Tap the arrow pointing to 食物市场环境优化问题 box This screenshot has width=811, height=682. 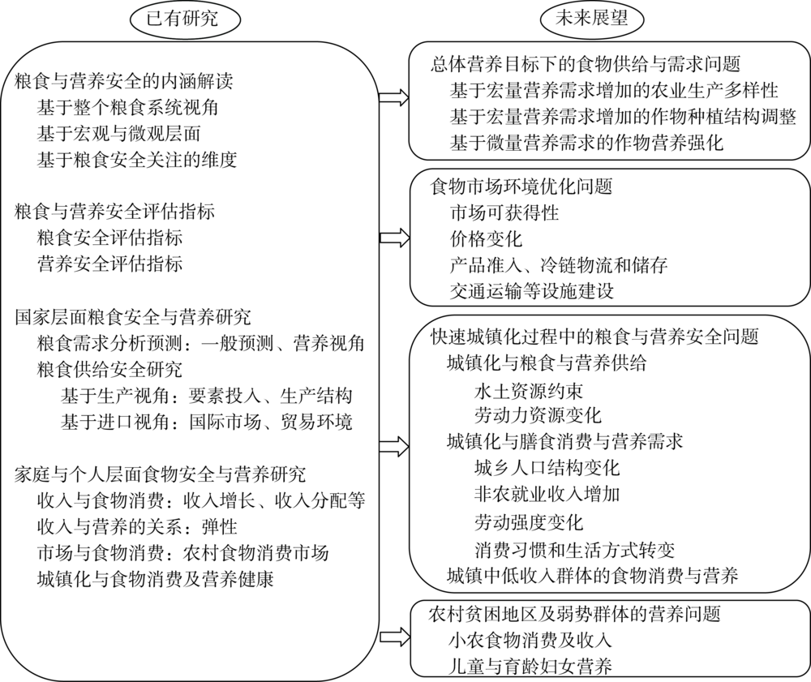393,238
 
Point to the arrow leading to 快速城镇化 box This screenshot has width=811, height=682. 393,447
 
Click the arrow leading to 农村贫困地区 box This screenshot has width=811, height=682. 393,637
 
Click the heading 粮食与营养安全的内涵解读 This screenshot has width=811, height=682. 124,81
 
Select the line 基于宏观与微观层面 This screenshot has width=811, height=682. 119,134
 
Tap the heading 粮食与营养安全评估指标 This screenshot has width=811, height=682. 115,212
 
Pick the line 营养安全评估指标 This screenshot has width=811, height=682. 109,264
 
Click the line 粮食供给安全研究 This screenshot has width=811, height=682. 109,370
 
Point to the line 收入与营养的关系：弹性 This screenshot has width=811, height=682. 137,527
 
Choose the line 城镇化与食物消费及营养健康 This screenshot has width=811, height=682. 155,579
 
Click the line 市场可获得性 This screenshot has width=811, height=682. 504,212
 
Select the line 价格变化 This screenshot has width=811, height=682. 486,239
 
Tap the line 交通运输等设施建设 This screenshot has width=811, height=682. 532,291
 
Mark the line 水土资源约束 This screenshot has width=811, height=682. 529,390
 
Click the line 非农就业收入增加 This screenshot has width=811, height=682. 547,495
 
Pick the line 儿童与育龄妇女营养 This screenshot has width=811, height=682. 530,666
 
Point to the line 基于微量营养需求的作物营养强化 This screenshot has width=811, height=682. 586,142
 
